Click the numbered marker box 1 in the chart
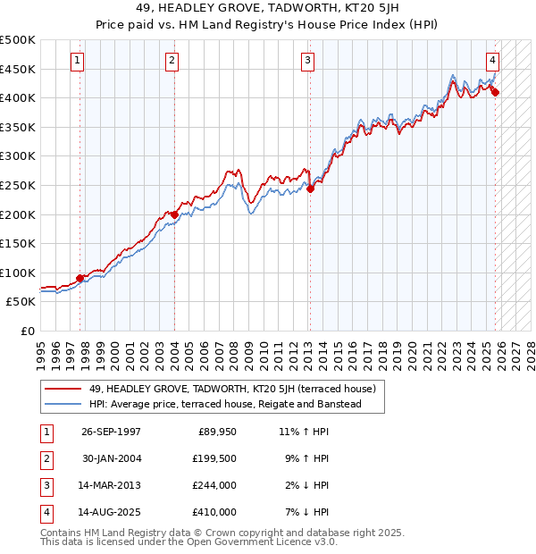pos(78,62)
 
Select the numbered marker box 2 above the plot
pos(171,62)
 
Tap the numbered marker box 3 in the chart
pos(307,62)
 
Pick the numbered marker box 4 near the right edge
pos(492,62)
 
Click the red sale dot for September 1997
pos(80,278)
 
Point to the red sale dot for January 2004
pos(173,214)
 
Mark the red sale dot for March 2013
pos(310,189)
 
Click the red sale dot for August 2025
pos(495,92)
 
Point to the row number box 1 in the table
pos(45,432)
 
